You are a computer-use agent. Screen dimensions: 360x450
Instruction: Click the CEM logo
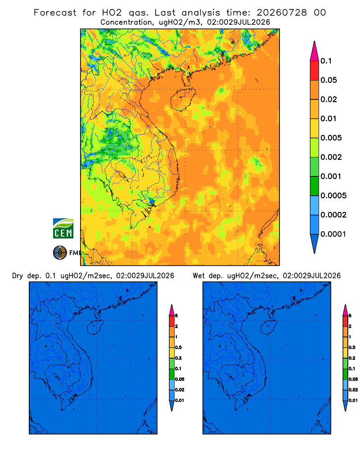click(x=63, y=228)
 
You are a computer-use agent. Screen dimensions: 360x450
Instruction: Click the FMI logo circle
click(x=60, y=253)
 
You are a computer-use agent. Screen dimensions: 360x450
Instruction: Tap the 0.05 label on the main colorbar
click(x=328, y=80)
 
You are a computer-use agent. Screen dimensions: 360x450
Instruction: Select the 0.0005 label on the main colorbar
click(x=333, y=196)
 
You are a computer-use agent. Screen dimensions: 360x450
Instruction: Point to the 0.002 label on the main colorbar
click(x=331, y=157)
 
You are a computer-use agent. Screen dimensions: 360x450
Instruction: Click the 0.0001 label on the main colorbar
click(x=333, y=234)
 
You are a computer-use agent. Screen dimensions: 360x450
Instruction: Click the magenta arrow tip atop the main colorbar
click(x=315, y=51)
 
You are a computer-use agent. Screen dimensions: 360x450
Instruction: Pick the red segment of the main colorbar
click(x=315, y=71)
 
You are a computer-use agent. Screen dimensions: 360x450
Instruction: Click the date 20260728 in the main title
click(x=282, y=13)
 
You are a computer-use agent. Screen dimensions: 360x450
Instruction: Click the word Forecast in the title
click(x=55, y=13)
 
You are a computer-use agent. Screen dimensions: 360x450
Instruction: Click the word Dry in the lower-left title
click(x=18, y=276)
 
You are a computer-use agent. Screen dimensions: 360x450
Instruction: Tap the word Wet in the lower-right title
click(x=198, y=276)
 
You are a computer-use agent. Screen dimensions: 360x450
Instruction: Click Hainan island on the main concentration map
click(x=183, y=99)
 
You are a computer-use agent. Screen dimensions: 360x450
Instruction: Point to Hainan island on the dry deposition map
click(x=95, y=327)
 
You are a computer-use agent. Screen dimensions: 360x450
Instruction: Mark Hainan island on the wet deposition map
click(x=269, y=327)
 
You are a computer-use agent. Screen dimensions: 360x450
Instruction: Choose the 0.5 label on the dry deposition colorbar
click(x=178, y=347)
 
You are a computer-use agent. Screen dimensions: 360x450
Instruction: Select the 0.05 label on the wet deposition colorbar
click(x=353, y=379)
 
